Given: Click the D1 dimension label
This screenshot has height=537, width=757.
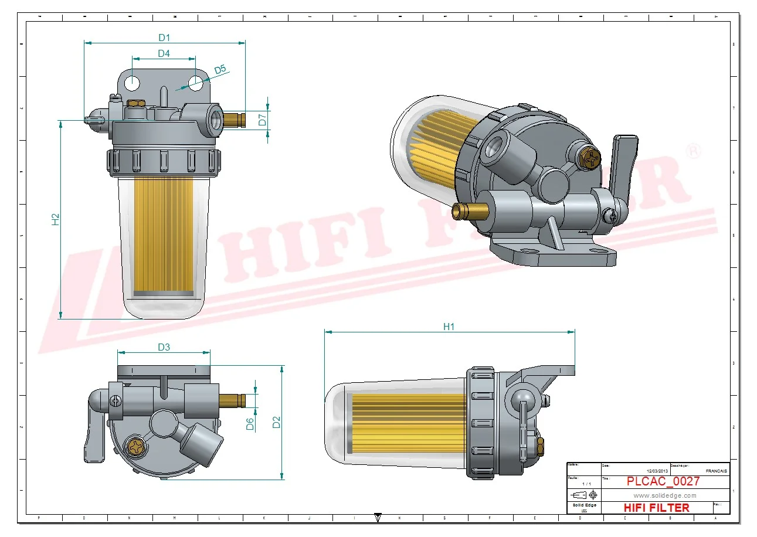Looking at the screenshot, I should click(164, 38).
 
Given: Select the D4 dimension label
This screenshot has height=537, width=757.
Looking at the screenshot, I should click(164, 54).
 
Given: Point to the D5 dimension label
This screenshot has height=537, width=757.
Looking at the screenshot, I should click(220, 70).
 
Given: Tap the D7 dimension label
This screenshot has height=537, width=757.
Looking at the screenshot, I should click(263, 120).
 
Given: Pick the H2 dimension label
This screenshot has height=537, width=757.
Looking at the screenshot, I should click(56, 219).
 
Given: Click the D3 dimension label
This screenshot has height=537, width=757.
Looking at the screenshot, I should click(164, 347).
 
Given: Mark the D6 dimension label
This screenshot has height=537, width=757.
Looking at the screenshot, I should click(250, 424).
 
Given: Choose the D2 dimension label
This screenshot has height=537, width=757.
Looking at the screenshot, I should click(277, 422).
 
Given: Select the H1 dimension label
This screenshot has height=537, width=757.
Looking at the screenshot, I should click(449, 327).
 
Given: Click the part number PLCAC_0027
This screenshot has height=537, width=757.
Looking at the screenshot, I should click(663, 482).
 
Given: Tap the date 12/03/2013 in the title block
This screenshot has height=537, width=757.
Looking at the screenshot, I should click(657, 471).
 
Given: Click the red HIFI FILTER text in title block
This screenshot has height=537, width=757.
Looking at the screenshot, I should click(656, 508).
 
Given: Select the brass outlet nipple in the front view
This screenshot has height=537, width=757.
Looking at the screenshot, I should click(234, 120).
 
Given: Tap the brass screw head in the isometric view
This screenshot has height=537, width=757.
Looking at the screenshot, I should click(589, 157).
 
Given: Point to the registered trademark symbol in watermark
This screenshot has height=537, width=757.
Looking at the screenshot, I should click(693, 150).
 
